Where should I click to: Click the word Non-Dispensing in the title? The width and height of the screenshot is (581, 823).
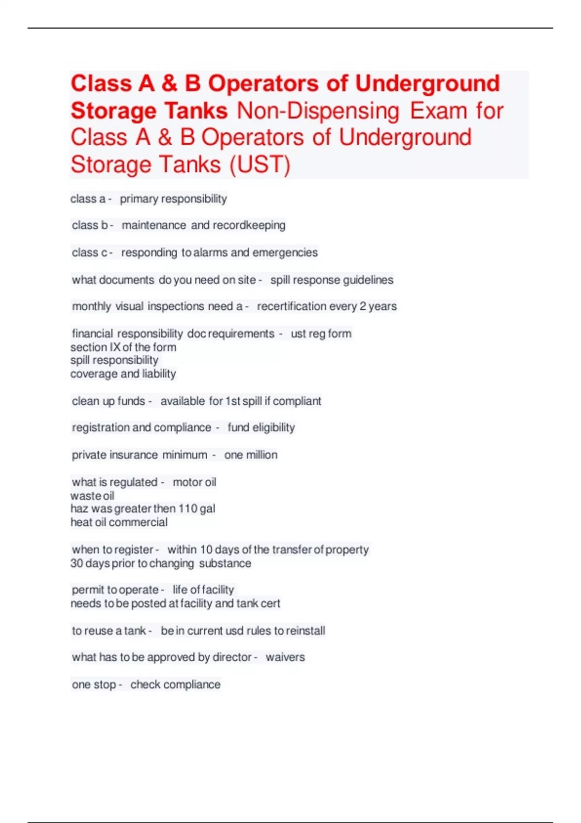coord(318,111)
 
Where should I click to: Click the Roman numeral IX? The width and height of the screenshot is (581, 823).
coord(115,347)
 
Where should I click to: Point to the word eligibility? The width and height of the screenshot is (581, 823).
coord(274,427)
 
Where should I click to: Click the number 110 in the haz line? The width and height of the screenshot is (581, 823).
coord(188,509)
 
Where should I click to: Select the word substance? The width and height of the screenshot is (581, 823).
coord(225,564)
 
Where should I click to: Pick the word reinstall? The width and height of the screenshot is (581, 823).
coord(306,631)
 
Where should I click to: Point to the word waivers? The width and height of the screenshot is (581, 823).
coord(285,657)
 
